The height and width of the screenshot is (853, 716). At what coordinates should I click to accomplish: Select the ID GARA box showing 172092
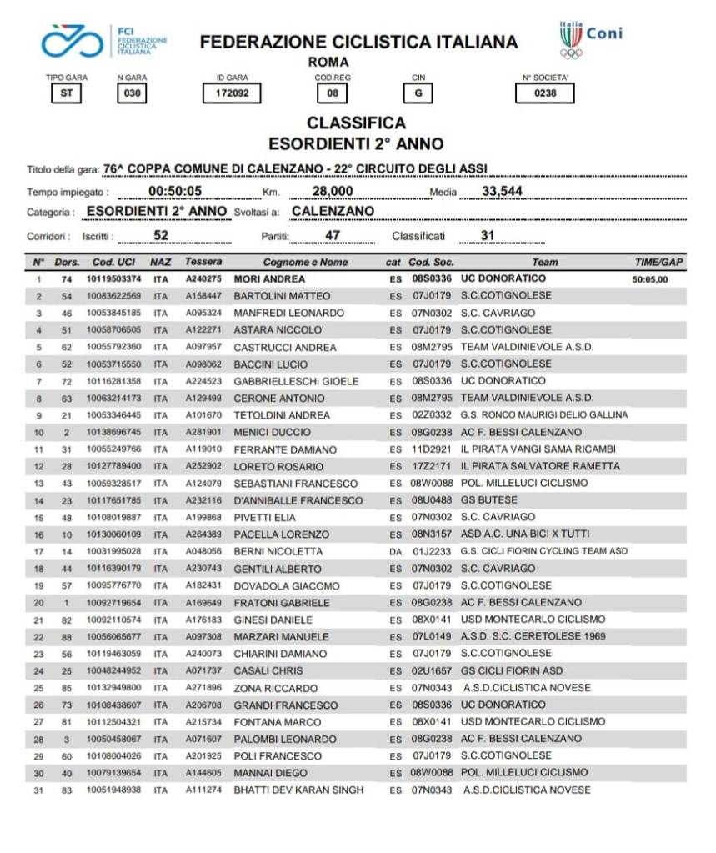(227, 93)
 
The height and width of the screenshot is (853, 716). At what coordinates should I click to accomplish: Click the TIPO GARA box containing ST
(66, 93)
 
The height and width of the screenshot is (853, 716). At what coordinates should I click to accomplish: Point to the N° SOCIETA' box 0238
(545, 93)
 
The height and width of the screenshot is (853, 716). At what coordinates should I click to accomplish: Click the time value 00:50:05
(176, 192)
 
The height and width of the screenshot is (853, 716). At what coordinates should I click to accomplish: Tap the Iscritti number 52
(162, 236)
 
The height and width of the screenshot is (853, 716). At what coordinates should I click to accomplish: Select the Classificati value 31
(488, 236)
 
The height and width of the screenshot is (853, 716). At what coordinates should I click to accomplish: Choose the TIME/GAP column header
(658, 263)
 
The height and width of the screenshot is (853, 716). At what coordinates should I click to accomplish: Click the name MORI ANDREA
(269, 279)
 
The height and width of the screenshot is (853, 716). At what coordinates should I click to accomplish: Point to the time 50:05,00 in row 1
(650, 280)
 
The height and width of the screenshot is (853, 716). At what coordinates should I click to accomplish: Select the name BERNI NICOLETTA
(278, 552)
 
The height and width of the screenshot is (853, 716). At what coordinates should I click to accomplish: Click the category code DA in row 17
(395, 552)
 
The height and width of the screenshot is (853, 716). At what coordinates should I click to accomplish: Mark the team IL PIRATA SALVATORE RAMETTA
(540, 466)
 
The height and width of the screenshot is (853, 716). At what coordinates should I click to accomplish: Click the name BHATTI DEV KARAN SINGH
(298, 790)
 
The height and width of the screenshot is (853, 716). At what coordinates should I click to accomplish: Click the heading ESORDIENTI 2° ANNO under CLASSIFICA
(356, 143)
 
